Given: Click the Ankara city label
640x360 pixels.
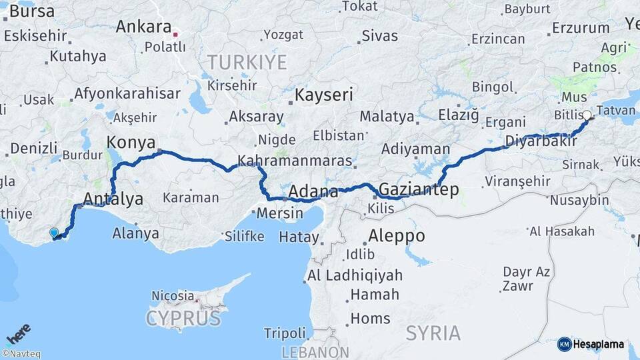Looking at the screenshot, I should [143, 27].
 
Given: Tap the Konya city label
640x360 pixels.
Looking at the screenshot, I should [131, 143].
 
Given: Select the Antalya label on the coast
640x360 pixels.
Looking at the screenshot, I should [113, 199].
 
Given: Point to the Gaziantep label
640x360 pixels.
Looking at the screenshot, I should [419, 190].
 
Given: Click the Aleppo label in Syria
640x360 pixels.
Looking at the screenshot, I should [397, 236].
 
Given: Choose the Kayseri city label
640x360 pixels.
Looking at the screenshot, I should [324, 95].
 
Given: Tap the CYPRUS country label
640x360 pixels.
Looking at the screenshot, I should [183, 318].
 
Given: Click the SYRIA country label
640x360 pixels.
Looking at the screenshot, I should [433, 333].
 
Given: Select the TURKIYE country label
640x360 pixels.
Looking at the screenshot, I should [247, 63].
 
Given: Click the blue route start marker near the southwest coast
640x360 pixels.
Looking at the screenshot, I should [54, 233].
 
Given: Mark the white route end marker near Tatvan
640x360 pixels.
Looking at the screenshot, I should [587, 115].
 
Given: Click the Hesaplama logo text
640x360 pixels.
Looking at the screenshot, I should [599, 345].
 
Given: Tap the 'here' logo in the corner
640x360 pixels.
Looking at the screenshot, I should [18, 333].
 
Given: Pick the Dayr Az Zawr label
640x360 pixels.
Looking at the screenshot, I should [527, 279].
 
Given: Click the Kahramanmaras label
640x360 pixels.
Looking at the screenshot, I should [295, 161].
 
